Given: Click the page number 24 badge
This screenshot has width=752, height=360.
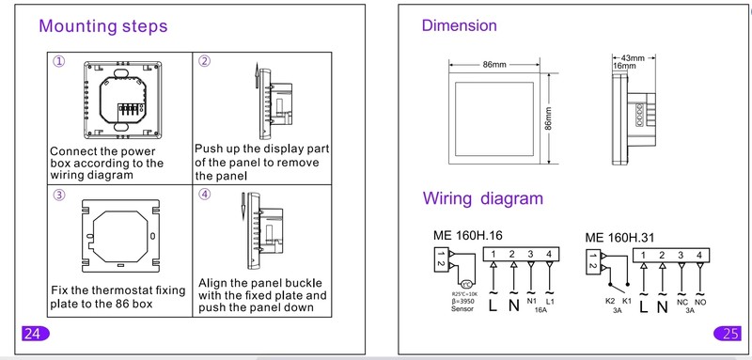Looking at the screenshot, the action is pos(35,333).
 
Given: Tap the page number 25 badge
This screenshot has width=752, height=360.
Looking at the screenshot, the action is pos(728,333).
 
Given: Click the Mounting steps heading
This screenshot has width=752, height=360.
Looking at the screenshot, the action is pos(103,26).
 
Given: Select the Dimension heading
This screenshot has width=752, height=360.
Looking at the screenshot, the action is pos(459,25).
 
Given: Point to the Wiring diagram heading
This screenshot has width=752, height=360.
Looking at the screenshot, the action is pos(483,198).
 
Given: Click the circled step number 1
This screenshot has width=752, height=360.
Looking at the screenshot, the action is pos(58,62).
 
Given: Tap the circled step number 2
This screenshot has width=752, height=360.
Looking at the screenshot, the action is pos(204,61).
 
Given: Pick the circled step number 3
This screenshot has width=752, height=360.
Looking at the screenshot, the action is pos(58,195).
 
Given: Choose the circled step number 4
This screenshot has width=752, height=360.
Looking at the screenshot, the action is pos(204,195).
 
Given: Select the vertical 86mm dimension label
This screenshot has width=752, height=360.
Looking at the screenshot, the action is pos(548,117).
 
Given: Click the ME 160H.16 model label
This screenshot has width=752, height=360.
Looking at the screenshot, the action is pos(467,235).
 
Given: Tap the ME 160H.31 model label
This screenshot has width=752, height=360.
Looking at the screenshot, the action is pos(619,237).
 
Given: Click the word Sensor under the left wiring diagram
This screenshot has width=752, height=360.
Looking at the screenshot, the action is pos(462,308).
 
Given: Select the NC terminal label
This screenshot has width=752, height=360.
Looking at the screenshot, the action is pos(682,303).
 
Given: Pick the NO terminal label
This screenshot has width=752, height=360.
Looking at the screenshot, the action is pos(700,303).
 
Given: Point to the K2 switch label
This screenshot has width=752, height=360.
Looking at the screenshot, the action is pos(610,302).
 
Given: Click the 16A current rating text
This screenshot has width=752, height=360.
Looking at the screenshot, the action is pos(540,310).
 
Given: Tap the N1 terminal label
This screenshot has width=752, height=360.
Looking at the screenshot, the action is pos(531,302).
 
